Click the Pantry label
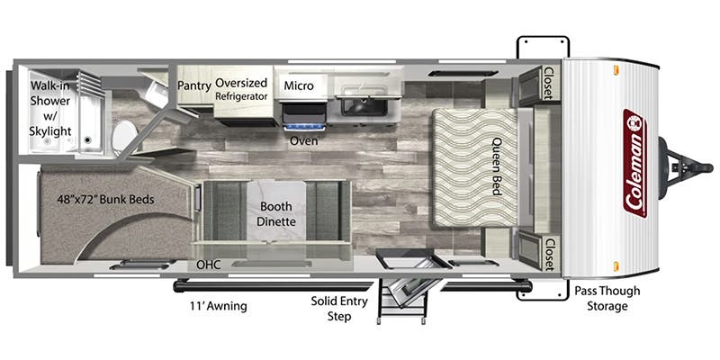click(193, 85)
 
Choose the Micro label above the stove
click(298, 85)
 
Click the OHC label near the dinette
click(209, 265)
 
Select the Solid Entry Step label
click(339, 309)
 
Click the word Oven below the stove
click(302, 141)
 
